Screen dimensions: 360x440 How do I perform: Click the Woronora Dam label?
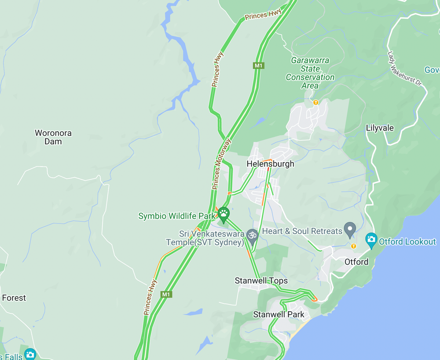[53, 137]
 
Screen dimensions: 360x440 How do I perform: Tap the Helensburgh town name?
[270, 164]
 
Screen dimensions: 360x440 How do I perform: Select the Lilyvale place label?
[380, 128]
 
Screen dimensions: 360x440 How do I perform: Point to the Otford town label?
[356, 262]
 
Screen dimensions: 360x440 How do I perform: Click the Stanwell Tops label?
[261, 281]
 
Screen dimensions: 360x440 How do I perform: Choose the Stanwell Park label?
[279, 315]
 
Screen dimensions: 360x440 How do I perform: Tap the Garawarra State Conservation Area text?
[310, 73]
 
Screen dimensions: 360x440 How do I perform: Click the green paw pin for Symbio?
[224, 214]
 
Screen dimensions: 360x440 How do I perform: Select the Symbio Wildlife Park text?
[177, 216]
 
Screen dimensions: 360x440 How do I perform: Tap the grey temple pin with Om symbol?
[252, 235]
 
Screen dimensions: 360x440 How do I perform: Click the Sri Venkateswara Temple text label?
[206, 238]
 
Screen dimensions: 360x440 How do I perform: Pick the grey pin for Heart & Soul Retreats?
[350, 228]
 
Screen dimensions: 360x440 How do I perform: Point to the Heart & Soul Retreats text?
[302, 231]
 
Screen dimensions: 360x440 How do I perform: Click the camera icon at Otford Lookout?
[371, 240]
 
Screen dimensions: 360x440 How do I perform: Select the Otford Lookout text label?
[407, 241]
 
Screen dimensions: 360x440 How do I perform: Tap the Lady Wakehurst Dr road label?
[404, 69]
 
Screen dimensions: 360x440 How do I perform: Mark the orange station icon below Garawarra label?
[315, 102]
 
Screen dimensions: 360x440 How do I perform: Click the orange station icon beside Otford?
[353, 246]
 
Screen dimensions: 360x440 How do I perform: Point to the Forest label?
[14, 298]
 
